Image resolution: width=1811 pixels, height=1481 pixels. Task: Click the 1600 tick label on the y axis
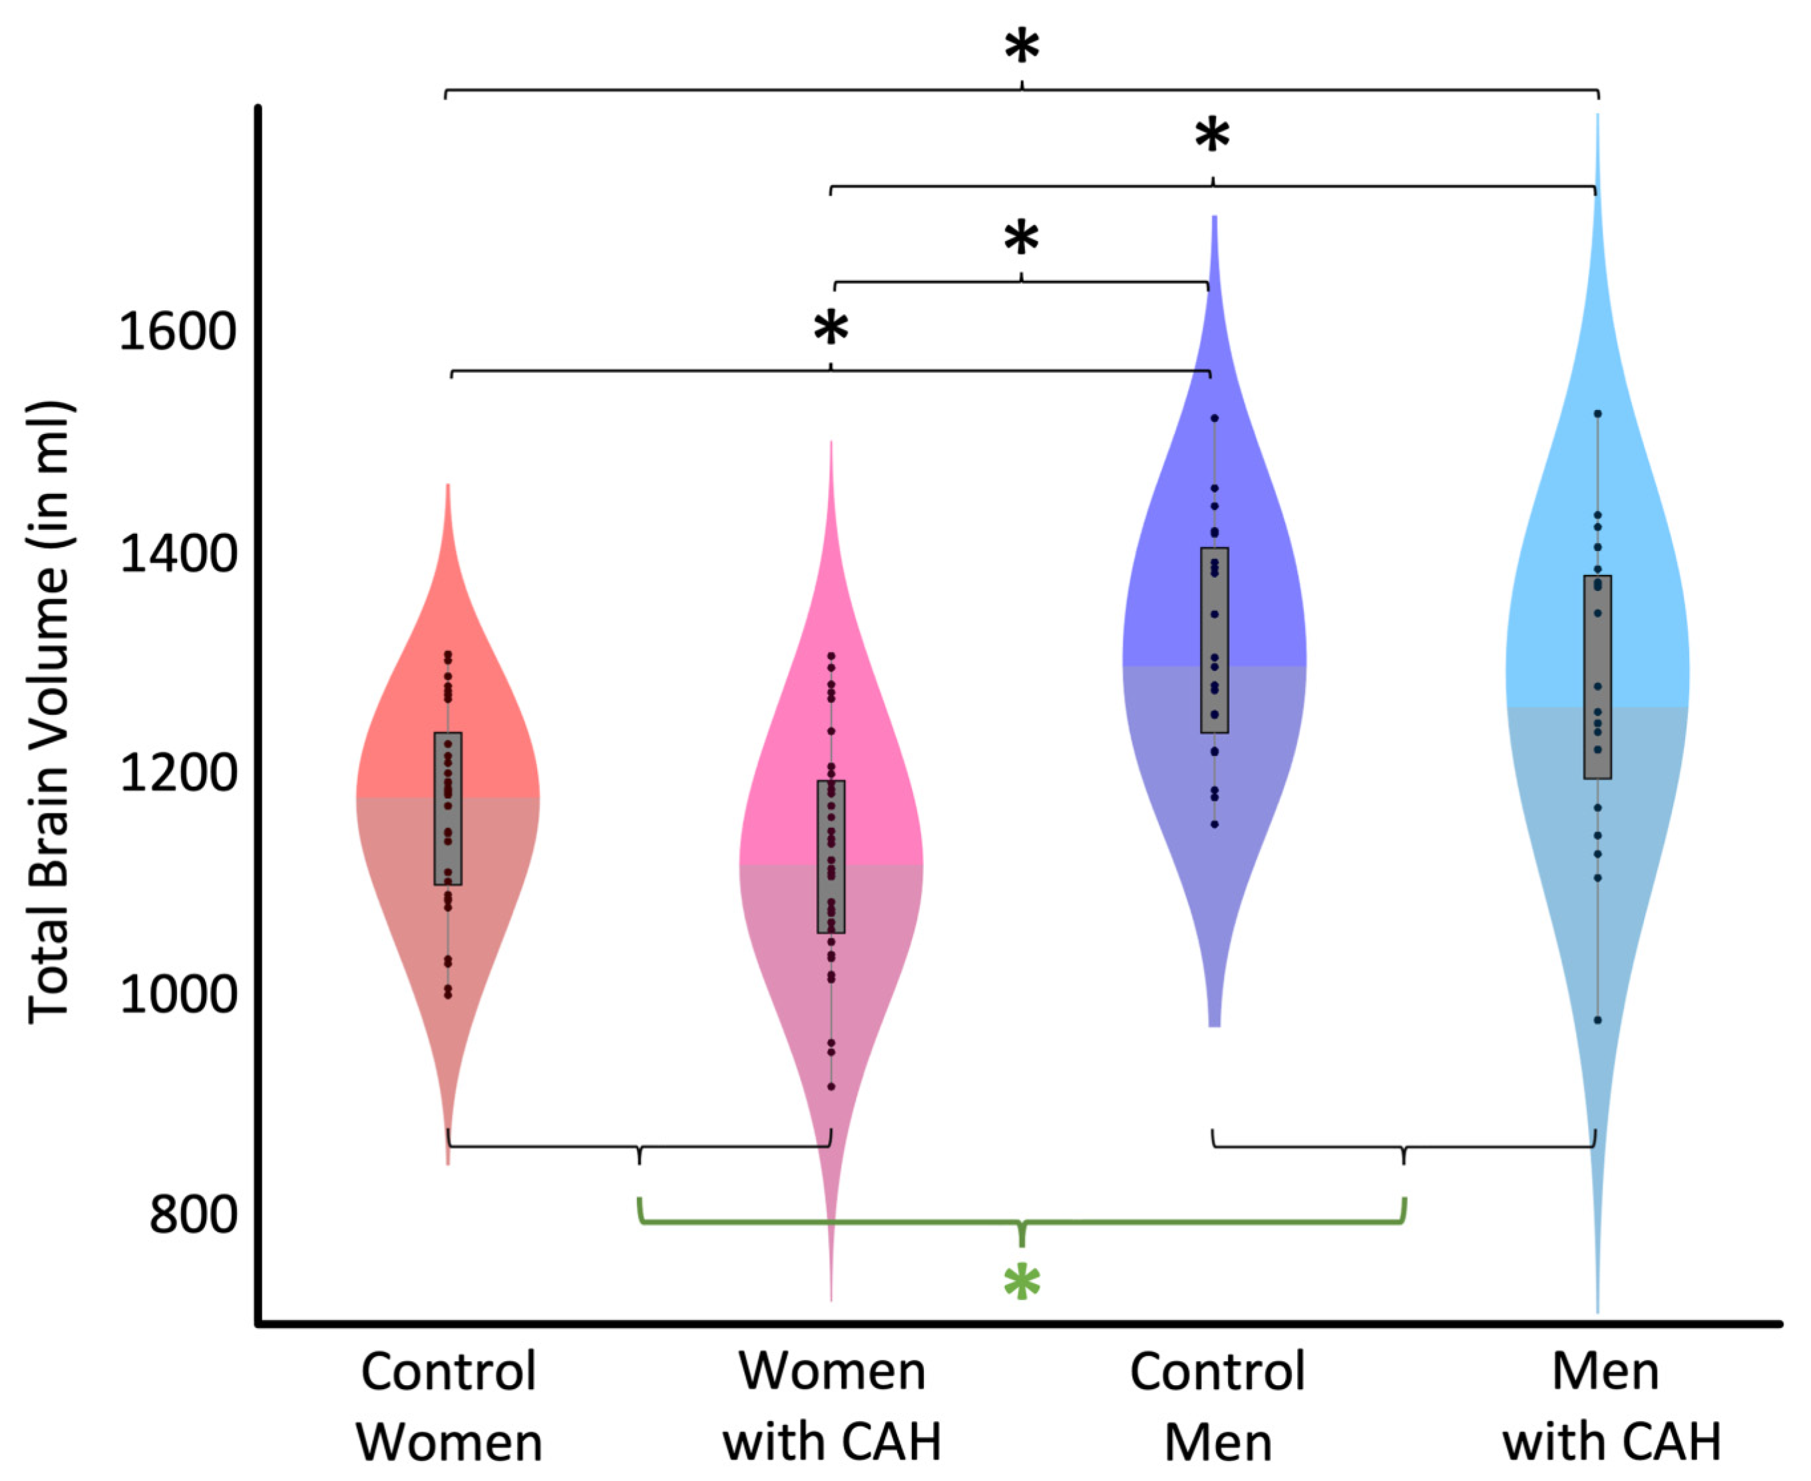(176, 332)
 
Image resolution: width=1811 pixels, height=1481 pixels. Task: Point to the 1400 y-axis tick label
(176, 553)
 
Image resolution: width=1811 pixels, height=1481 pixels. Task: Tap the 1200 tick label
(176, 773)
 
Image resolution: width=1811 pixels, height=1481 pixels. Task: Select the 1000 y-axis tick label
(176, 994)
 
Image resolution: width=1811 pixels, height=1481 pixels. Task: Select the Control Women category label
(449, 1406)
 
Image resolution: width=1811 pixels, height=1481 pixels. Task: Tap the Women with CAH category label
(832, 1406)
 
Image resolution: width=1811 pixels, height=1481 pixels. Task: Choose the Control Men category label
(1217, 1406)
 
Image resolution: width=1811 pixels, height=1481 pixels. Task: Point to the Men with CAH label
(1611, 1406)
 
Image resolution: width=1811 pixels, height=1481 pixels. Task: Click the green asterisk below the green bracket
(1021, 1282)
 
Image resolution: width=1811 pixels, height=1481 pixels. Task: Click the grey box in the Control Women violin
(448, 808)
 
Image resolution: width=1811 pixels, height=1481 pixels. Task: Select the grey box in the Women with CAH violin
(831, 857)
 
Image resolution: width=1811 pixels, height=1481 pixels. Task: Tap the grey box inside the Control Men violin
(1214, 640)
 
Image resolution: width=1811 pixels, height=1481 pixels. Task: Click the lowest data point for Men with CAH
(1598, 1020)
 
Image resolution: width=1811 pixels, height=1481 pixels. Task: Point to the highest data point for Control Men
(1215, 418)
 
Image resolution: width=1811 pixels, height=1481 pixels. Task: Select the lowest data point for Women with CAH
(831, 1087)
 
